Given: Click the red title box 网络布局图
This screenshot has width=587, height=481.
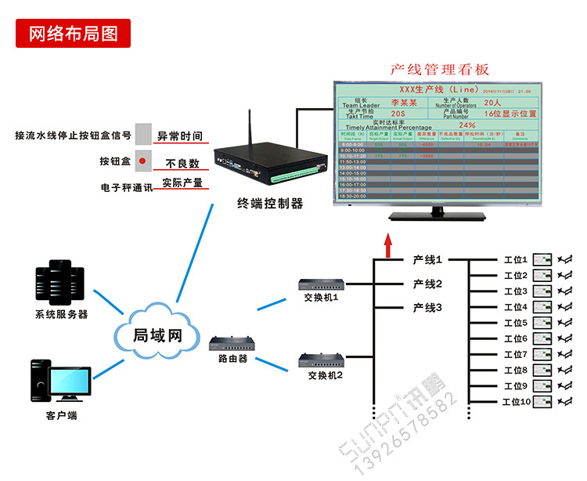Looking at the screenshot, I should click(73, 34).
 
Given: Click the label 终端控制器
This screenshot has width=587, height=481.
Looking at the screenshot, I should click(269, 204).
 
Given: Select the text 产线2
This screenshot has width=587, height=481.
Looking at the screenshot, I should click(427, 284).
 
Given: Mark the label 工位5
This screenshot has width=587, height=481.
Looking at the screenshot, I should click(516, 323).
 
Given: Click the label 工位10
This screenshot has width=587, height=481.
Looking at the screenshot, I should click(516, 402).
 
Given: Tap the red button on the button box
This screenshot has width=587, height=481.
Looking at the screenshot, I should click(142, 162).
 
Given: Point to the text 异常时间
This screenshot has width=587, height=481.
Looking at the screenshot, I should click(180, 136).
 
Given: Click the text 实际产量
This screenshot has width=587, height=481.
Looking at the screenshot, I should click(182, 183).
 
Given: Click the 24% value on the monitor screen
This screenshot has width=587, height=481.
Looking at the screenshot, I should click(467, 125).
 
